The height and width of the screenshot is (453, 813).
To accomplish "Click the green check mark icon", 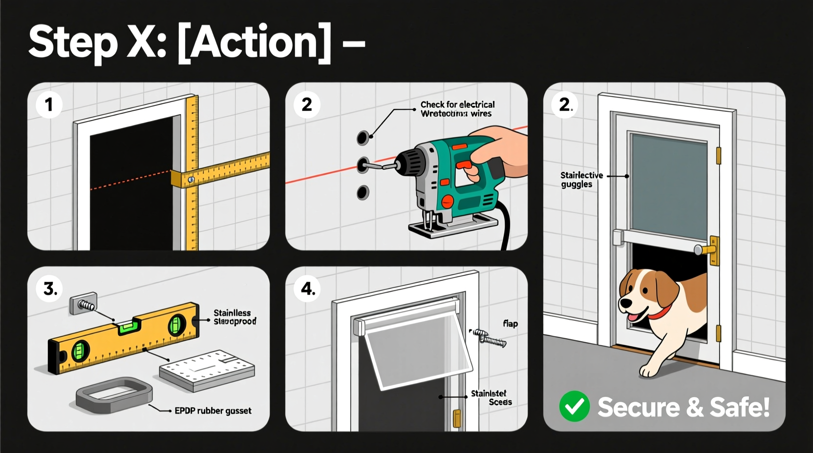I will point(574,406).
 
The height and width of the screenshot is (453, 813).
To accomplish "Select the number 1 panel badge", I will point(49,104).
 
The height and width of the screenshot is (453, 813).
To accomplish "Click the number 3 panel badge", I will point(49,288).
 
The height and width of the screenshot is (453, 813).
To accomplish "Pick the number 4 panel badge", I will point(308,288).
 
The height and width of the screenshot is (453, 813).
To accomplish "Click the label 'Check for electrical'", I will point(457,104).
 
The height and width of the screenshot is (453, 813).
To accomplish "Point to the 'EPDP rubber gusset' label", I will point(213,411).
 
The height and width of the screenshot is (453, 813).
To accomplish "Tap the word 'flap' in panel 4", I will point(510,324).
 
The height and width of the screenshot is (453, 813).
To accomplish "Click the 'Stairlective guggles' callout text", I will point(581,180).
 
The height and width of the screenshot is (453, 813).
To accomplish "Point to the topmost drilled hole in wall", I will point(363,138).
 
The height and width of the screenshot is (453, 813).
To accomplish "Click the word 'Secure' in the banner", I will point(638,407).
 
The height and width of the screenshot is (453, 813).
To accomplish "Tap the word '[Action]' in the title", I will point(254,42).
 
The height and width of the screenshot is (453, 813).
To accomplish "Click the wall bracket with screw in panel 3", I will point(84,303).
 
